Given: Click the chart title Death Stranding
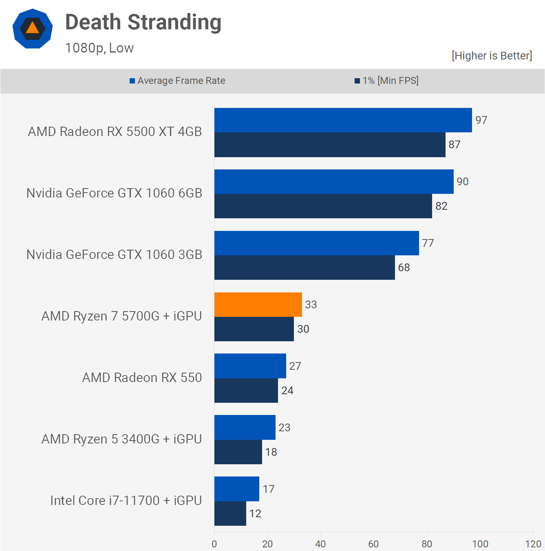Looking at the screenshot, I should pyautogui.click(x=143, y=22).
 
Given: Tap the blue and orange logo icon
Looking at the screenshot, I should pyautogui.click(x=33, y=29).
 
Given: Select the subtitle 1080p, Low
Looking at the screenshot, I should pyautogui.click(x=99, y=48).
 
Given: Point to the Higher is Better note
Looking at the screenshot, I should pyautogui.click(x=492, y=56).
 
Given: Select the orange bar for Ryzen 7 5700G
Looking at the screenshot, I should pyautogui.click(x=258, y=305).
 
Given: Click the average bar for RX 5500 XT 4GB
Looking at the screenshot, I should pyautogui.click(x=343, y=120).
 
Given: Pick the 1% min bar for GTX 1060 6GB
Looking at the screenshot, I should pyautogui.click(x=323, y=206).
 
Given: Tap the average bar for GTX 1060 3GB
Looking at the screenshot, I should pyautogui.click(x=316, y=243).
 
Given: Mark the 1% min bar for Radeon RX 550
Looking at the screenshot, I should pyautogui.click(x=246, y=391).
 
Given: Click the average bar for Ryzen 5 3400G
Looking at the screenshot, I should pyautogui.click(x=245, y=428).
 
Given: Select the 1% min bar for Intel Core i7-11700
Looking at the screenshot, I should pyautogui.click(x=230, y=514).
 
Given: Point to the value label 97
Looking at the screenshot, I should pyautogui.click(x=481, y=120).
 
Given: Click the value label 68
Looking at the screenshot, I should pyautogui.click(x=404, y=268).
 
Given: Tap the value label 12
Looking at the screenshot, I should pyautogui.click(x=255, y=514).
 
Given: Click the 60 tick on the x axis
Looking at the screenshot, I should pyautogui.click(x=373, y=544).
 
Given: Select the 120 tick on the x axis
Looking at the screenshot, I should pyautogui.click(x=533, y=544).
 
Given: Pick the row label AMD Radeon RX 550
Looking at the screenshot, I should pyautogui.click(x=142, y=378).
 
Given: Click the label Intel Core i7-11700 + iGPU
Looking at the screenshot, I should pyautogui.click(x=126, y=501).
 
